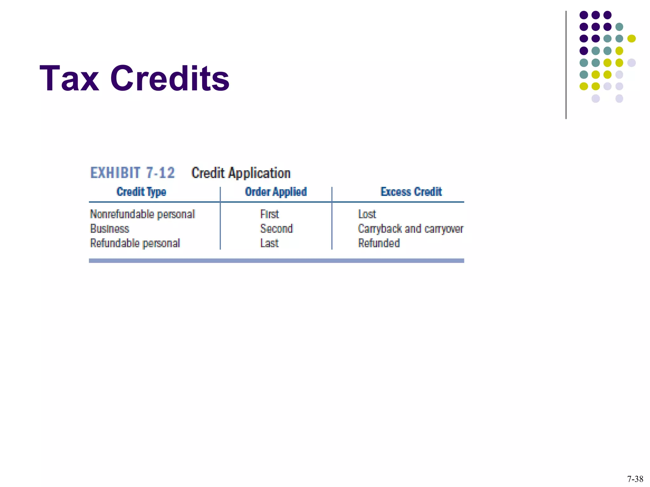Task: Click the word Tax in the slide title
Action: tap(69, 78)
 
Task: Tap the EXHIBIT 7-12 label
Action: tap(132, 173)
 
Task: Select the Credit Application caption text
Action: tap(241, 173)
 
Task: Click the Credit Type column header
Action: tap(141, 192)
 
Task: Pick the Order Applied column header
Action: tap(276, 192)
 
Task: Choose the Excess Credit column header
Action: tap(411, 192)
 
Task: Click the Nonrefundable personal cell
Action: tap(142, 214)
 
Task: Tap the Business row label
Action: tap(109, 229)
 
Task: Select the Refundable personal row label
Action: tap(135, 243)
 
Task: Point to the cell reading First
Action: tap(269, 214)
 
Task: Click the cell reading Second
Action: tap(276, 229)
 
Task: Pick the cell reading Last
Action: tap(269, 243)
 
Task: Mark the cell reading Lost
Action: tap(367, 214)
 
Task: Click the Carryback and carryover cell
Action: tap(411, 229)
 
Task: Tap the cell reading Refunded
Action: tap(379, 243)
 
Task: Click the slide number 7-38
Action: tap(635, 479)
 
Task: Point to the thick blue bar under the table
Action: tap(276, 261)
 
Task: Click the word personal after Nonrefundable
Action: tap(176, 215)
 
